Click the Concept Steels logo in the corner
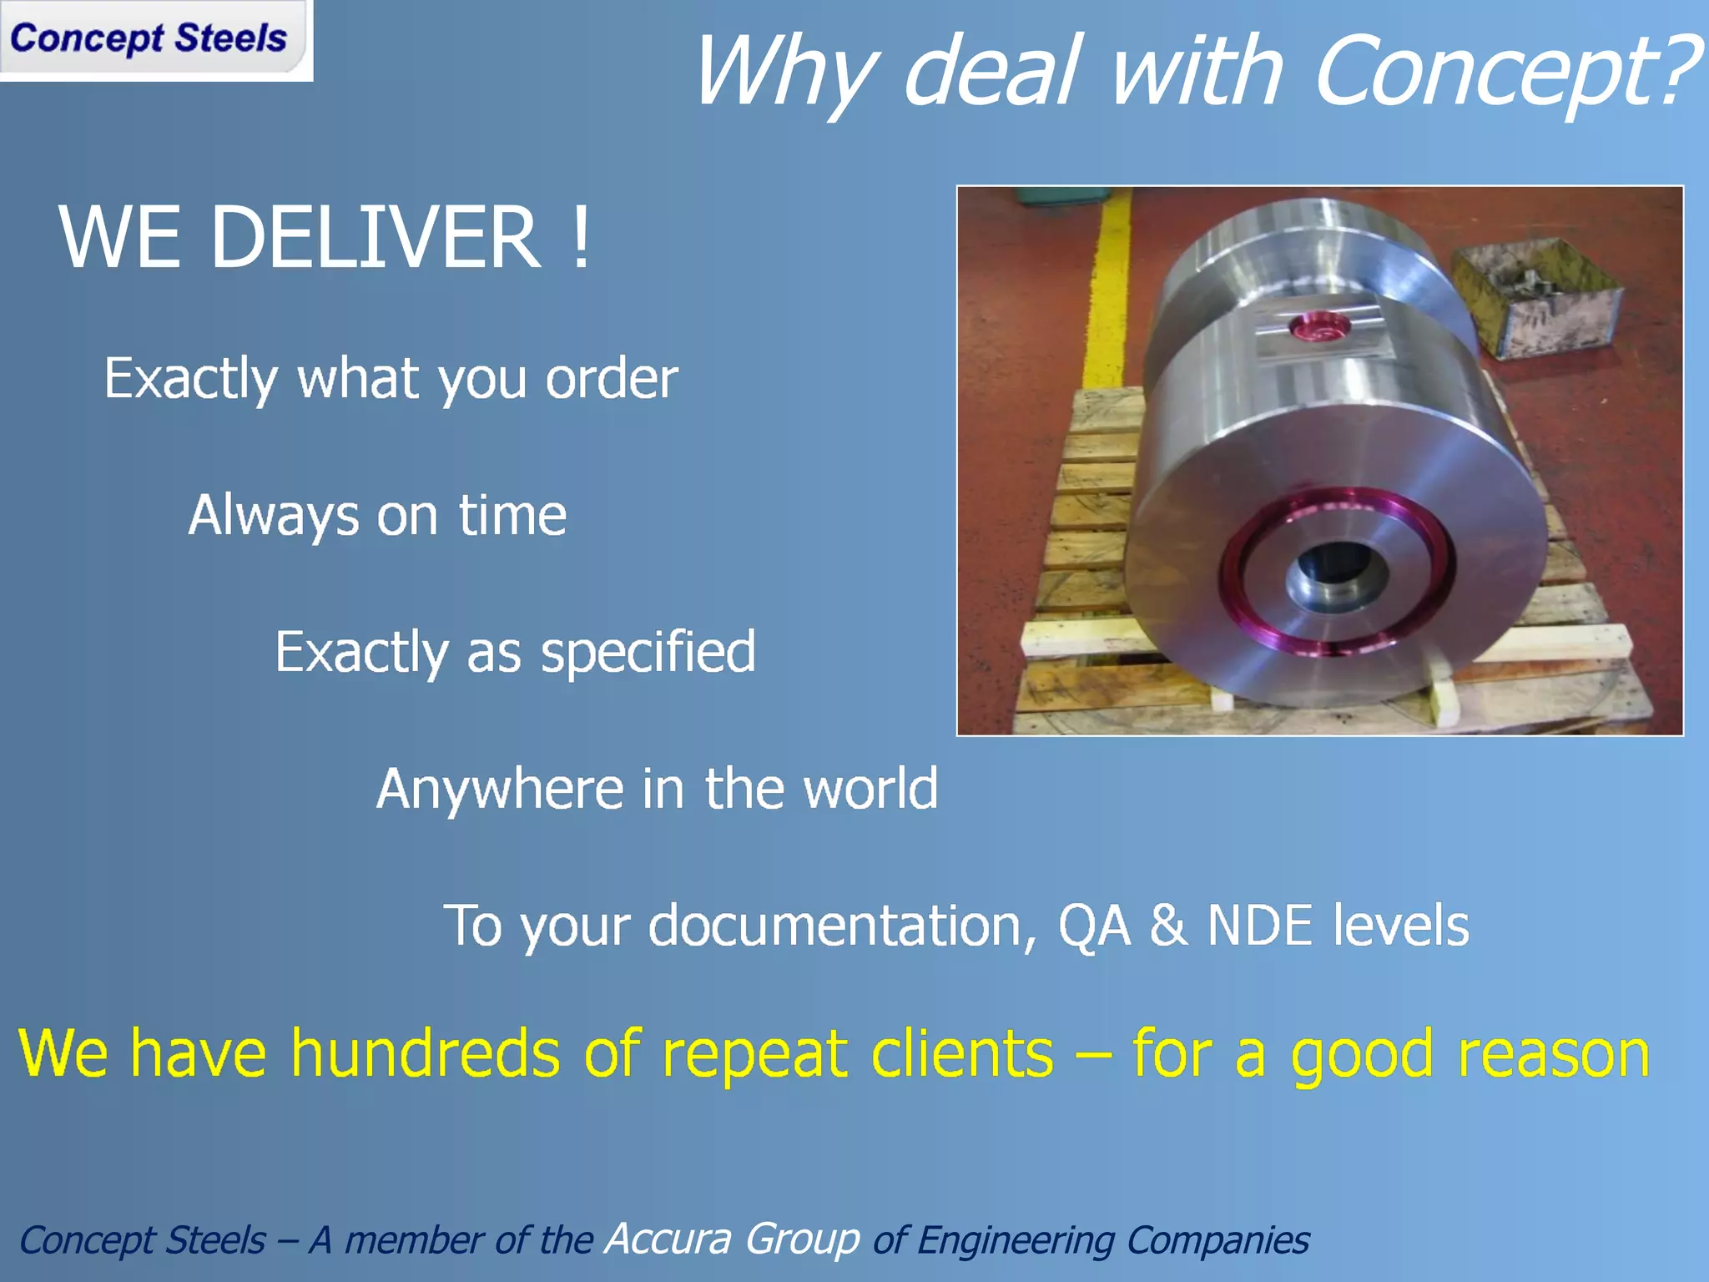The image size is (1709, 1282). tap(150, 38)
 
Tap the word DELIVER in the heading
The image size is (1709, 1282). tap(376, 238)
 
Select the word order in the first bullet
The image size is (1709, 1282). tap(612, 380)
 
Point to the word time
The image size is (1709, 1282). tap(512, 515)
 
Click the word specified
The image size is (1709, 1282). tap(648, 652)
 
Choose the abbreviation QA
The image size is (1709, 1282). tap(1094, 926)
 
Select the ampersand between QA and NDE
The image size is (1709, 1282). tap(1169, 926)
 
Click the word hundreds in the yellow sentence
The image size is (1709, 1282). tap(426, 1053)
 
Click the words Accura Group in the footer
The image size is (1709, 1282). tap(733, 1239)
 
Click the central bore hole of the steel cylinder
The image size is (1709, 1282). tap(1335, 576)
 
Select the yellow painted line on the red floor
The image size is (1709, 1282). tap(1106, 300)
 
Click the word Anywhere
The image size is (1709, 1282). tap(500, 789)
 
